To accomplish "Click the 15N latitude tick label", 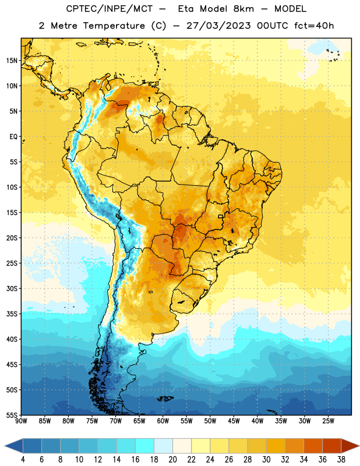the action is [x=12, y=61].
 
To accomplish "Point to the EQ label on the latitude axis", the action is [x=13, y=137].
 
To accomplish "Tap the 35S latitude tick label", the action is [x=12, y=314].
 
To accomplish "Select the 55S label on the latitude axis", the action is [x=12, y=415].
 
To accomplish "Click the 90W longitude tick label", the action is [x=22, y=421].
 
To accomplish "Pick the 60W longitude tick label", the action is [x=163, y=421].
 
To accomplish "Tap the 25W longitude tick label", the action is [x=328, y=421].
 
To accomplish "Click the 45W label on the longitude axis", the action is [x=234, y=421].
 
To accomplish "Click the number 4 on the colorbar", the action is [x=23, y=460].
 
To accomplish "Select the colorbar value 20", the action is [x=172, y=460].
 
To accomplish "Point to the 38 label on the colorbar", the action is [x=341, y=460].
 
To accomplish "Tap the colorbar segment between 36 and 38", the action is [x=332, y=446].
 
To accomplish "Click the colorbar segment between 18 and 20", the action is [x=163, y=446].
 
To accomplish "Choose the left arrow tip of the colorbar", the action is [x=5, y=446].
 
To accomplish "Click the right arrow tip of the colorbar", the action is [x=359, y=446].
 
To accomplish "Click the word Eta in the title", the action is [x=186, y=9].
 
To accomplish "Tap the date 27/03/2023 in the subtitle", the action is [x=218, y=26].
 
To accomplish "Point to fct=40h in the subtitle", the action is [x=314, y=26].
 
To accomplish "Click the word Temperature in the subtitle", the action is [x=114, y=26].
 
